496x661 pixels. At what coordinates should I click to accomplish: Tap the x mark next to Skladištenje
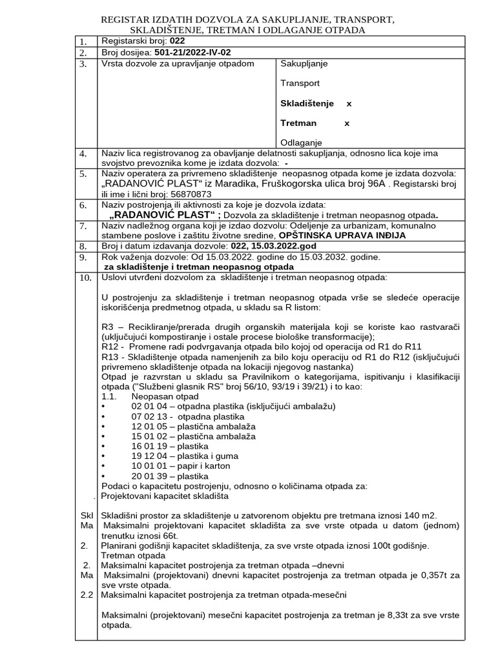coord(349,103)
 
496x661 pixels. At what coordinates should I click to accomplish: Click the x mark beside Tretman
coord(347,123)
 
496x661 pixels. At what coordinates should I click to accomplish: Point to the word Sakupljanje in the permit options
coord(304,64)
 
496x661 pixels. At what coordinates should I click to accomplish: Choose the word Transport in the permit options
coord(300,83)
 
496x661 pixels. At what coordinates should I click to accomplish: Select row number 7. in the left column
coord(83,227)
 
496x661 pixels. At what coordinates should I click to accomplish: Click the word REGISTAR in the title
coord(125,19)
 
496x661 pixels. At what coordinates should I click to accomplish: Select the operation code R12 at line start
coord(111,346)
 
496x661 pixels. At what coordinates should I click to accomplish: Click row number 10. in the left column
coord(84,278)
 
